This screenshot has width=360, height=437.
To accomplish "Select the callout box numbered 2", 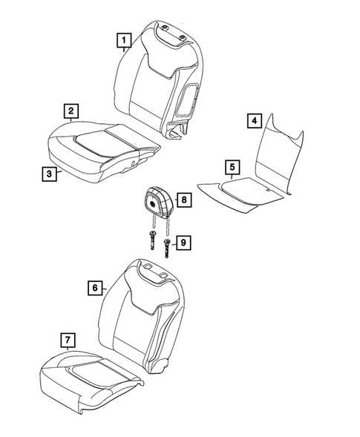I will click(71, 111).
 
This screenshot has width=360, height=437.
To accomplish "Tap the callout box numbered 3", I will click(48, 174).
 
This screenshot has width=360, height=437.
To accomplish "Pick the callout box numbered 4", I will click(254, 120).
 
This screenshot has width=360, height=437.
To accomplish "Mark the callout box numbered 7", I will click(68, 341).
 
